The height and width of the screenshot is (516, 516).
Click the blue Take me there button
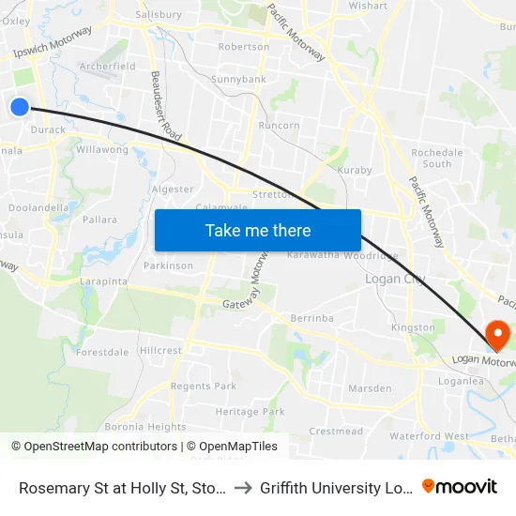tap(258, 230)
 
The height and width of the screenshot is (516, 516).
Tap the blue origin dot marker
tap(20, 107)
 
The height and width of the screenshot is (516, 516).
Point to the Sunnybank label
tap(238, 80)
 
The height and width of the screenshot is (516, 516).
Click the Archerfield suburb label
tap(107, 67)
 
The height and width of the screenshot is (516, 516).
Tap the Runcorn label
tap(280, 125)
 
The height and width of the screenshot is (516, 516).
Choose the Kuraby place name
tap(355, 171)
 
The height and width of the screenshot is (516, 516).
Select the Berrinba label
tap(311, 318)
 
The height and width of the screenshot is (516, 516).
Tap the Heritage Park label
tap(250, 412)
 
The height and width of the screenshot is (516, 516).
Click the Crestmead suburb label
tap(336, 432)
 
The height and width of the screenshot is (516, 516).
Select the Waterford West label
tap(430, 436)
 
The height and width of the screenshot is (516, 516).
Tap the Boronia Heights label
tap(145, 427)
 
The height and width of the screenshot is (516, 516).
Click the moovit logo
tap(460, 486)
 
